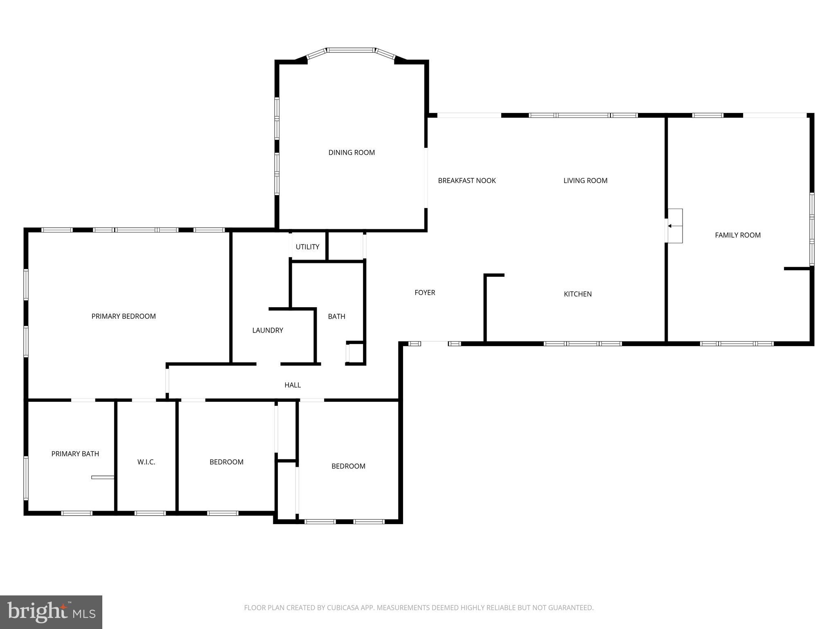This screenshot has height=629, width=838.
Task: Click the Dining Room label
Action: click(351, 152)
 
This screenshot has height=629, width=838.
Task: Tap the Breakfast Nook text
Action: click(466, 181)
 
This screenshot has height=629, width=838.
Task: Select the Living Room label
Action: click(585, 181)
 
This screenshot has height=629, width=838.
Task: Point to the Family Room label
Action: click(737, 235)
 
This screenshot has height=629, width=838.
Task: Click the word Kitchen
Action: click(577, 294)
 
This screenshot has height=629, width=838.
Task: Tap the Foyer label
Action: click(425, 292)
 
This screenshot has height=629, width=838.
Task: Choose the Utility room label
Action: click(307, 247)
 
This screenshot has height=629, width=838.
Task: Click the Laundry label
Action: click(268, 330)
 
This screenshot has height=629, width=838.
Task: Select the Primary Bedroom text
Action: click(124, 316)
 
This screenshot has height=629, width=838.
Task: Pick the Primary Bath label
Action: click(75, 454)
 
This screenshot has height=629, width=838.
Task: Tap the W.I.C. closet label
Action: click(146, 462)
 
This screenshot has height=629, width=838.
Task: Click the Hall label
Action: click(293, 385)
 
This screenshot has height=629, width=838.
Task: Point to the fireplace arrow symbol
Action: click(670, 226)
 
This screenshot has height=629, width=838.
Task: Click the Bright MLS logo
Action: click(51, 612)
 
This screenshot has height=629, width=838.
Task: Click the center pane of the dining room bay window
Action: click(351, 50)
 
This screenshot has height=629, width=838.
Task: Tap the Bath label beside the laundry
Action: click(336, 317)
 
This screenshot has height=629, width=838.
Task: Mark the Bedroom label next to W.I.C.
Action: click(226, 462)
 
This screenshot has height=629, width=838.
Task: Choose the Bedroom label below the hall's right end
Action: click(348, 466)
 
